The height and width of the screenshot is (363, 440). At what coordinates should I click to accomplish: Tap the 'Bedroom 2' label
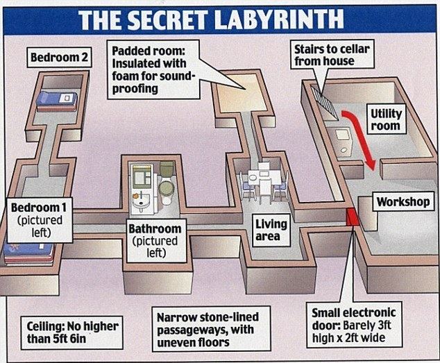(x=59, y=57)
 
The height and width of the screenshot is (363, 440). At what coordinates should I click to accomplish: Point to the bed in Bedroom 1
(x=28, y=251)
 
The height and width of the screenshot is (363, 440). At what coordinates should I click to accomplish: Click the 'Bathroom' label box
(x=155, y=239)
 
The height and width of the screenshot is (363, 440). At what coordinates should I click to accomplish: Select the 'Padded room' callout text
(x=153, y=69)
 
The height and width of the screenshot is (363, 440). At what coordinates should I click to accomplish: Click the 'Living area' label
(x=271, y=230)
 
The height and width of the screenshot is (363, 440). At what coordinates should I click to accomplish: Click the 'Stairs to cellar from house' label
(x=324, y=56)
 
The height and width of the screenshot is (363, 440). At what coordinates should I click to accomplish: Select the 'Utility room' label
(x=385, y=120)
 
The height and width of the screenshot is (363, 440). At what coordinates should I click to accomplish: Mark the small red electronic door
(x=352, y=217)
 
